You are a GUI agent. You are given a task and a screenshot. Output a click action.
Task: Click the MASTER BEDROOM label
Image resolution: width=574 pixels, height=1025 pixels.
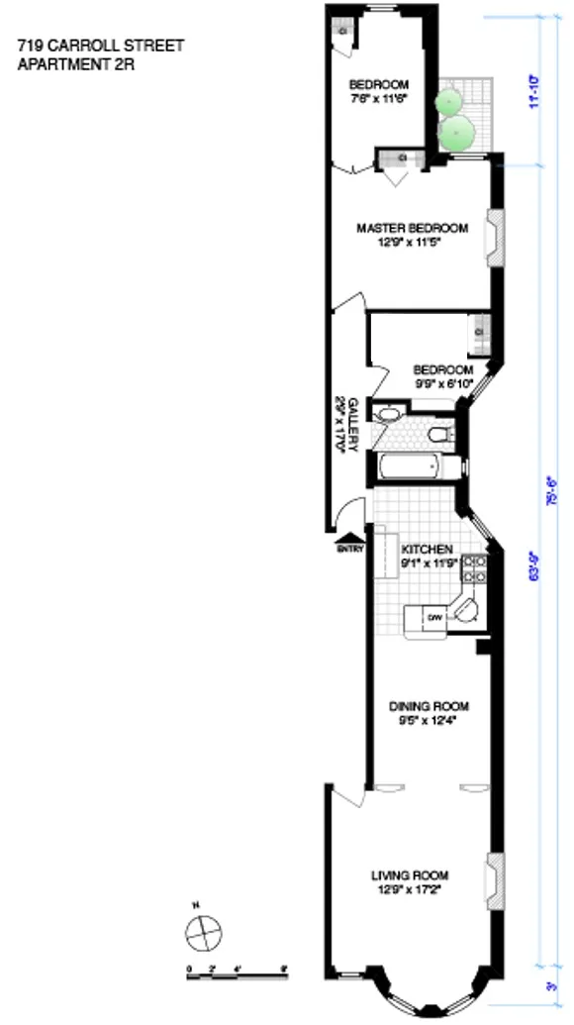(412, 228)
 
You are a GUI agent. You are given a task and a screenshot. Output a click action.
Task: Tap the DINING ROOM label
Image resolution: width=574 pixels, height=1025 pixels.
(428, 706)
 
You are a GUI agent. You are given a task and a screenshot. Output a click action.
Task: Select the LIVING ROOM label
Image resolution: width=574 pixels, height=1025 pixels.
(410, 875)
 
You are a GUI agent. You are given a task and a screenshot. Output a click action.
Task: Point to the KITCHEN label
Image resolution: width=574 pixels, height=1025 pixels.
(427, 549)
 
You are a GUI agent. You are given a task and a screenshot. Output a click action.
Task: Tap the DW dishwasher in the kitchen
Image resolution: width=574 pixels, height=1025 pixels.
(433, 618)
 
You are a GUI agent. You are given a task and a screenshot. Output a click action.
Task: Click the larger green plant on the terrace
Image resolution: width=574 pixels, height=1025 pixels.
(457, 133)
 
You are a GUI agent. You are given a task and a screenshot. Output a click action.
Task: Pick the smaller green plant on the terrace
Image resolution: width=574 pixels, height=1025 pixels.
(450, 100)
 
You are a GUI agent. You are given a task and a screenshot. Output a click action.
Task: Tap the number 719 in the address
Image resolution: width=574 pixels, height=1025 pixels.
(29, 46)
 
